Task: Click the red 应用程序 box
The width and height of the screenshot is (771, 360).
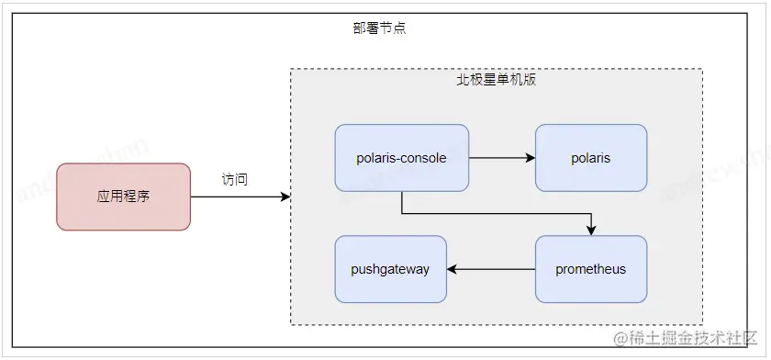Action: click(123, 197)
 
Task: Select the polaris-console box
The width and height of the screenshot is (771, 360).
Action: click(401, 158)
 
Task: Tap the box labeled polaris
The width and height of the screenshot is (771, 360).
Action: click(590, 158)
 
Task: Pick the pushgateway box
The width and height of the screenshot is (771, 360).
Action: click(390, 269)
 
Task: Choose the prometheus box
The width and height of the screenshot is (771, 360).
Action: click(590, 269)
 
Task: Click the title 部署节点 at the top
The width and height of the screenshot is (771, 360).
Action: click(379, 28)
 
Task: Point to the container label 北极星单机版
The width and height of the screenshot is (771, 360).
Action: click(497, 80)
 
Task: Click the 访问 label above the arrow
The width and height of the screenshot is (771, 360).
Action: click(234, 179)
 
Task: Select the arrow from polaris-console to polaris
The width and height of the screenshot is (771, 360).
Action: click(500, 158)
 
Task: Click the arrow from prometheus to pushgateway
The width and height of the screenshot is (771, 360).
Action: click(491, 269)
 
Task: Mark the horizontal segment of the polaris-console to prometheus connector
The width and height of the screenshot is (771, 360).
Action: click(496, 214)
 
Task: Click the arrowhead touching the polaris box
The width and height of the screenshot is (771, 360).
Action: click(530, 158)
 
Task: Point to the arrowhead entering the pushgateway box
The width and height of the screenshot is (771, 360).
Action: click(453, 269)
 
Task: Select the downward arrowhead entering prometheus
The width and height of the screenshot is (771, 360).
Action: click(591, 230)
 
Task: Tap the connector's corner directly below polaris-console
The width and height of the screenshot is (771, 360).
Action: click(401, 214)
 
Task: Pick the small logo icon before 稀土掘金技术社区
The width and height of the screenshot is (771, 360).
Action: click(621, 339)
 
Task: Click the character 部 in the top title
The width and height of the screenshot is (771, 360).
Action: click(359, 28)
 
